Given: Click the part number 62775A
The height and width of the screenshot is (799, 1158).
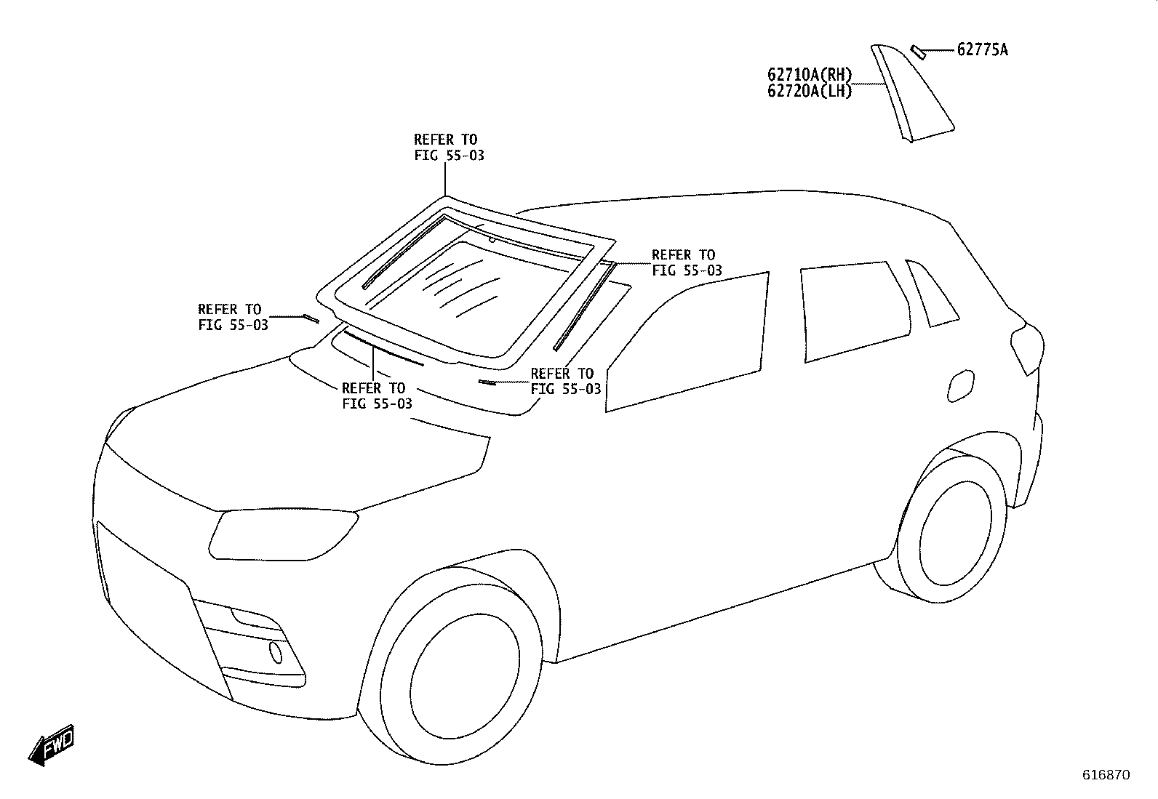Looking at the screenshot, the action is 982,49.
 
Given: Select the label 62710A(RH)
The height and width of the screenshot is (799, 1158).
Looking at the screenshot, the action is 810,75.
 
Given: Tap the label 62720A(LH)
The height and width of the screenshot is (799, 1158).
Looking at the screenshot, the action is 810,91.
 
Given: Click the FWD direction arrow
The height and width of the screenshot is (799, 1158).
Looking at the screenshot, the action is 52,745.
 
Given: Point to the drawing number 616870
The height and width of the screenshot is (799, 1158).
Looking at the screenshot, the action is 1106,775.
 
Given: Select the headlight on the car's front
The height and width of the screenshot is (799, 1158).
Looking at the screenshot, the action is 283,534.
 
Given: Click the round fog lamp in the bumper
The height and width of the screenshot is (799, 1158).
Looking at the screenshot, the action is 276,652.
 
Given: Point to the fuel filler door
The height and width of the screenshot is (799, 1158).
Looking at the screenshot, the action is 961,385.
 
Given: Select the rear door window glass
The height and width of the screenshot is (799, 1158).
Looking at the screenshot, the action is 855,312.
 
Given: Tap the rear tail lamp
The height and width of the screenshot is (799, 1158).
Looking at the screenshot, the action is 1027,348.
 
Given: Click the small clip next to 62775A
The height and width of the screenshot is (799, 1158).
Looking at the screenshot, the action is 918,52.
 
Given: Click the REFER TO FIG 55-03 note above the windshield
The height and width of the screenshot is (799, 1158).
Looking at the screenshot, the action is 449,148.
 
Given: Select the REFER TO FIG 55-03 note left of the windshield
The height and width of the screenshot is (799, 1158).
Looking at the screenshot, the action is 233,317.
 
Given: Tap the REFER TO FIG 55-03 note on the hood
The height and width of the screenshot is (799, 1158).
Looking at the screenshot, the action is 377,396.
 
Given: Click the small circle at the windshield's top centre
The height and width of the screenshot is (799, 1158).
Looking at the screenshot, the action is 492,239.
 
